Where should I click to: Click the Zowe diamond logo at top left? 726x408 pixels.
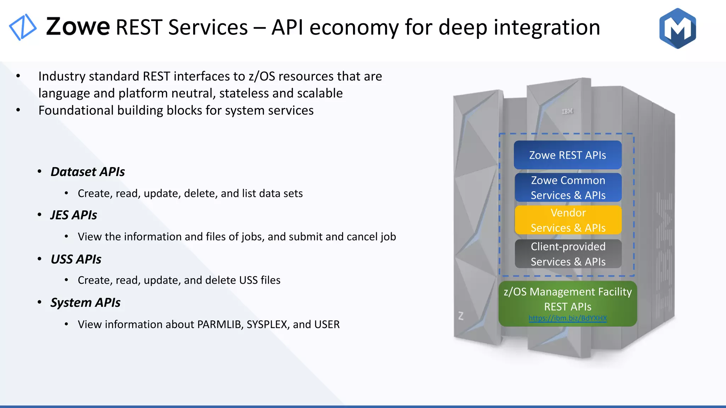click(x=22, y=27)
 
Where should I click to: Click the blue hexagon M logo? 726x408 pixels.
click(x=677, y=28)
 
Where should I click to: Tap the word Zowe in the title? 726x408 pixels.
click(x=78, y=27)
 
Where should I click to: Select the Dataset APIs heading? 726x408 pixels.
click(x=88, y=172)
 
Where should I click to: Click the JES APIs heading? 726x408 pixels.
click(x=73, y=215)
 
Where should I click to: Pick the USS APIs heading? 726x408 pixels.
click(x=76, y=259)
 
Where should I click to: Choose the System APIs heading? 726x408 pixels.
click(x=85, y=302)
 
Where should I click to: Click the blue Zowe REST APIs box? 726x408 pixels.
click(x=568, y=155)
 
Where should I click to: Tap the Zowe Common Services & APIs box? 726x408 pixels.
click(x=568, y=187)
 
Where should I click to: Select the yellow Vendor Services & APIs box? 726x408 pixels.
click(x=568, y=220)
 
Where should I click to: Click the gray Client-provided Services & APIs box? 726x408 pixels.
click(x=568, y=254)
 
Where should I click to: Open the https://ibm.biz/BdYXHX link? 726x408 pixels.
click(x=568, y=318)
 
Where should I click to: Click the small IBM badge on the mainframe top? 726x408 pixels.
click(x=567, y=111)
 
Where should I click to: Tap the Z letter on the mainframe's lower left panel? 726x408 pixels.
click(x=461, y=316)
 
